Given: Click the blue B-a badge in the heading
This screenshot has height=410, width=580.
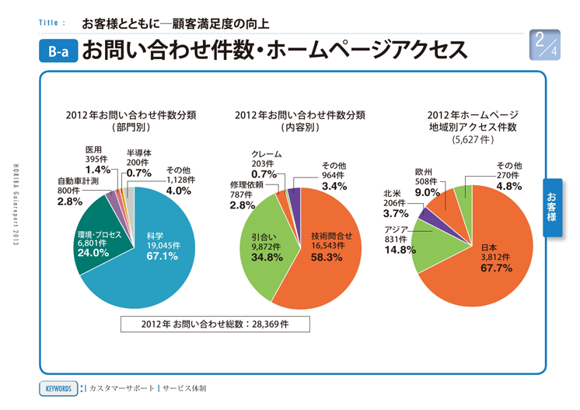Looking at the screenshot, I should pyautogui.click(x=58, y=52).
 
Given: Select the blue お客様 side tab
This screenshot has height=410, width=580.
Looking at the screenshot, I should pyautogui.click(x=551, y=205).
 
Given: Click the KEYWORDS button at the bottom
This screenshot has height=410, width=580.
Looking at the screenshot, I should pyautogui.click(x=58, y=387).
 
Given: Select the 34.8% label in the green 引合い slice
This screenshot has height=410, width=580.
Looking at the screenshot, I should pyautogui.click(x=267, y=257).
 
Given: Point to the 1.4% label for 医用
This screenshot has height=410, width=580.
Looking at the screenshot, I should pyautogui.click(x=97, y=170).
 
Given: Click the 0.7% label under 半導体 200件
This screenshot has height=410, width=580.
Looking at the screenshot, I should pyautogui.click(x=138, y=173).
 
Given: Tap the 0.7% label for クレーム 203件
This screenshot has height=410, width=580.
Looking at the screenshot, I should pyautogui.click(x=264, y=174).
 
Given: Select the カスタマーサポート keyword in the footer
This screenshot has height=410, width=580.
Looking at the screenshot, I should pyautogui.click(x=122, y=387).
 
